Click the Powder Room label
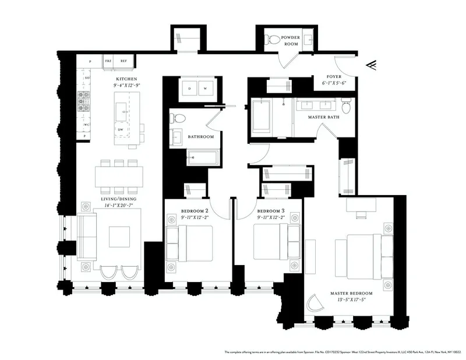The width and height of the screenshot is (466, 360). pos(291,40)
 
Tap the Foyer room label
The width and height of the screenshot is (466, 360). pos(334,76)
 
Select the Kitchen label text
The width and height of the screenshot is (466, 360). pos(126,79)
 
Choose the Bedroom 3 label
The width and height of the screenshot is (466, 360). pos(271,211)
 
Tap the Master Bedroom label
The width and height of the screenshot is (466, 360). pos(351,293)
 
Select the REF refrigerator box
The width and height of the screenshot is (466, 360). pos(123,61)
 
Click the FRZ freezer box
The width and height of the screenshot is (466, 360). pos(108,61)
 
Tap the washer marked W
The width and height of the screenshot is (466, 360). pos(205,89)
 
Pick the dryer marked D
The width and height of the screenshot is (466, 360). pos(189,89)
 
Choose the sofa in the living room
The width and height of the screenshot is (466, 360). pos(87,236)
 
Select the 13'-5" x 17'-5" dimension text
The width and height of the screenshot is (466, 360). pos(351,300)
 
